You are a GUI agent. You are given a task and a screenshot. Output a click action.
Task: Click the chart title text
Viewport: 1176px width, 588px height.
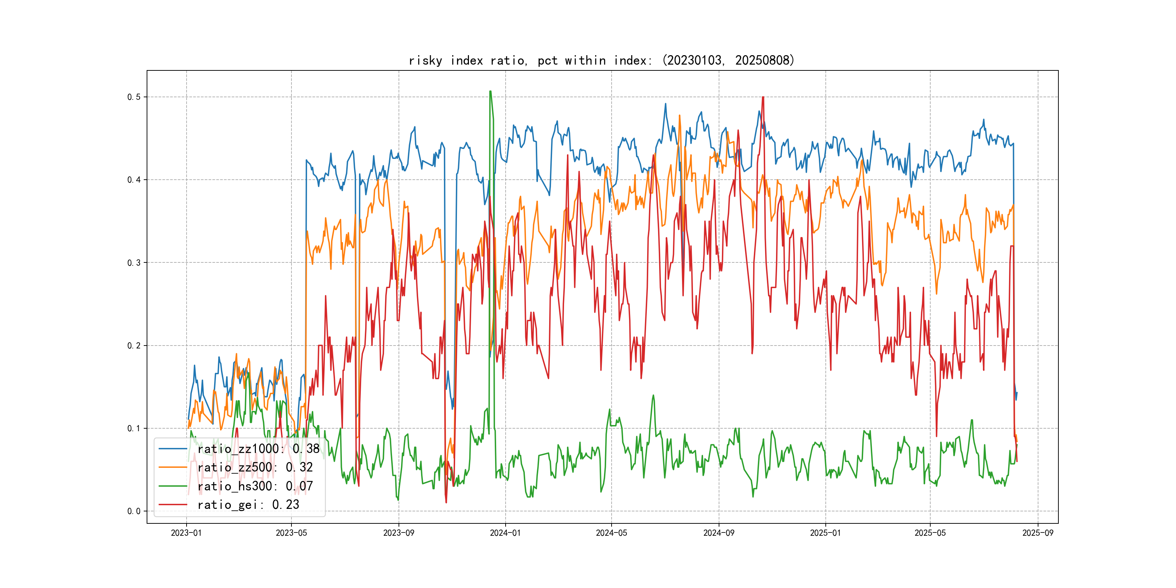[x=602, y=60]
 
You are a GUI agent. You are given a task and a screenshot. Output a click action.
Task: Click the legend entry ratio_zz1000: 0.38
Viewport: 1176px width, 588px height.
[x=258, y=449]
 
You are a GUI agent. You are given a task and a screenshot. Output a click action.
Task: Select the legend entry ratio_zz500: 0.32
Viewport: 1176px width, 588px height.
[x=255, y=467]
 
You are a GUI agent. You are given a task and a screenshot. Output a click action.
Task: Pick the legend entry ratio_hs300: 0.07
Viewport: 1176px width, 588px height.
[x=255, y=486]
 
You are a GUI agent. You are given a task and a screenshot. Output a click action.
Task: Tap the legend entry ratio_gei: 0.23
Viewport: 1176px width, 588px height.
[x=248, y=505]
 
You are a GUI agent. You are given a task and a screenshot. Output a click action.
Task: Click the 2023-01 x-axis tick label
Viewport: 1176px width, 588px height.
[x=186, y=533]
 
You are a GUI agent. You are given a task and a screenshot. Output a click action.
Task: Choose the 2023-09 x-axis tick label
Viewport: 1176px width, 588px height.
[x=399, y=533]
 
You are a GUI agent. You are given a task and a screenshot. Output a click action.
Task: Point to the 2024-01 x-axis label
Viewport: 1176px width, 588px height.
[x=505, y=533]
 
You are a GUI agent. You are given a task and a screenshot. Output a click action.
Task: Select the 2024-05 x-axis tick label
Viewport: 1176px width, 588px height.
[x=611, y=533]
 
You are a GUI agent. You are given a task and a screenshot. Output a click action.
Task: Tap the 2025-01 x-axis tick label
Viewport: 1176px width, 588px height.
[x=825, y=533]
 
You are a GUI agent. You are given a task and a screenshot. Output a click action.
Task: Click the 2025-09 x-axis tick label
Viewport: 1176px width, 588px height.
[x=1038, y=533]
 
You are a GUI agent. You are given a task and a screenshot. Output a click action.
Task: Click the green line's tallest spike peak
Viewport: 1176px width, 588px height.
[x=490, y=91]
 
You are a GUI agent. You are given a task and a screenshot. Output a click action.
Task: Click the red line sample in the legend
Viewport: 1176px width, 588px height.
[x=172, y=505]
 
